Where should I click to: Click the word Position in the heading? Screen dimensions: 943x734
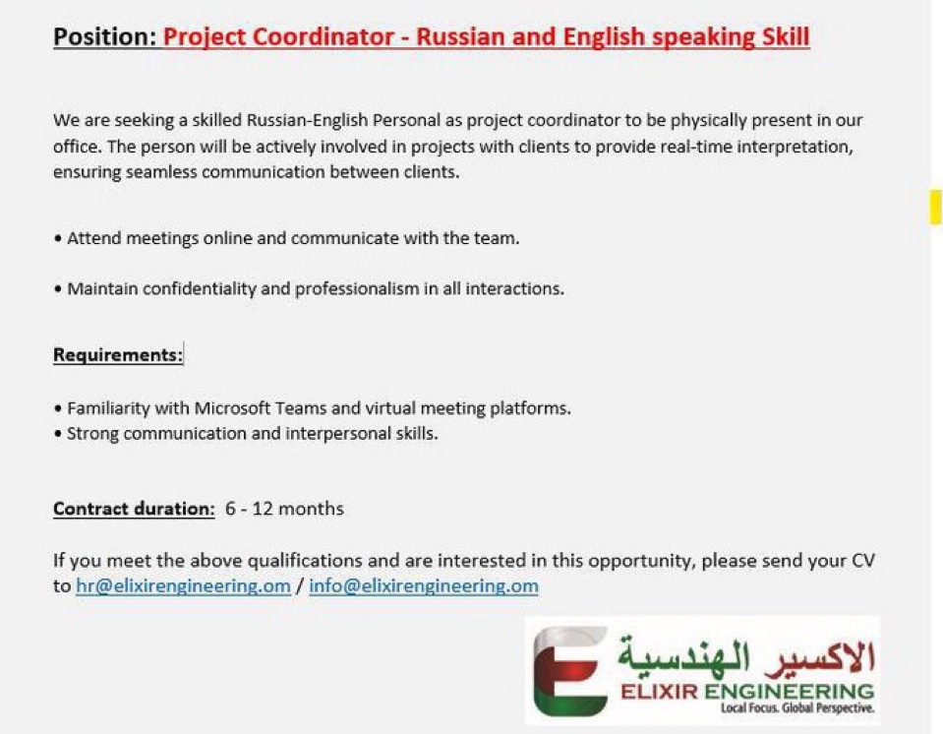pos(104,36)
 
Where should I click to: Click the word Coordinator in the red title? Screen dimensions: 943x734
pos(323,36)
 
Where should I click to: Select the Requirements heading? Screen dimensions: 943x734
pos(118,355)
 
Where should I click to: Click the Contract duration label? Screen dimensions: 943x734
pos(134,509)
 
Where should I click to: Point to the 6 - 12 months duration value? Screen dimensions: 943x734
pos(284,509)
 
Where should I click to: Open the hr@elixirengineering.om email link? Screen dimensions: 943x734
pos(183,586)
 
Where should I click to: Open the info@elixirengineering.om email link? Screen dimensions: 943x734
pos(424,586)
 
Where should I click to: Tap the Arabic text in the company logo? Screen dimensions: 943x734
pos(745,656)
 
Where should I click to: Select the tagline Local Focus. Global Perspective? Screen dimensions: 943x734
pos(797,707)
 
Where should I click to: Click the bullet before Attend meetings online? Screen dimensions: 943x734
pos(58,239)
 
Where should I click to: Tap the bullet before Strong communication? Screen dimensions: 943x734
pos(58,434)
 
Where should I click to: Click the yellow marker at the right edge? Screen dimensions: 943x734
pos(936,207)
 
